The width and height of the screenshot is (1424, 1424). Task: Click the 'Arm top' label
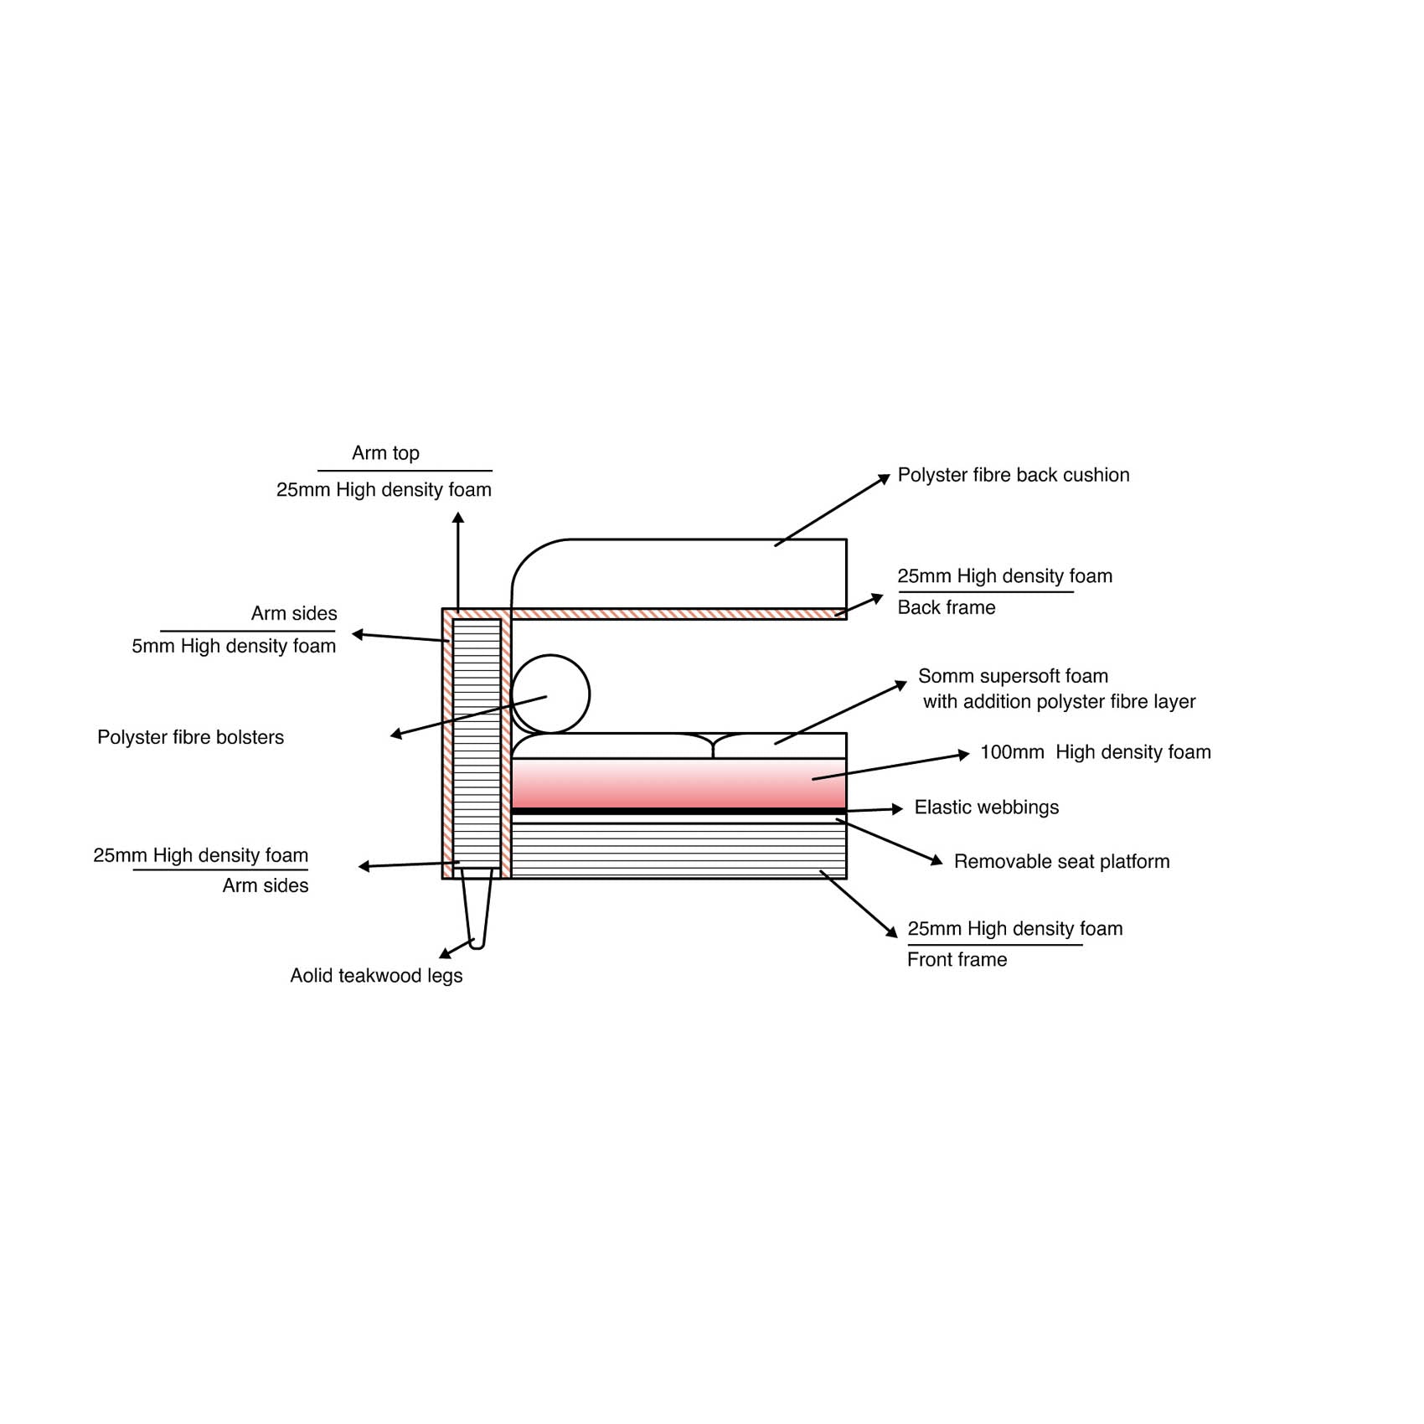pos(385,453)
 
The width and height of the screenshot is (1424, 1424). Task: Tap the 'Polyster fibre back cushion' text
pos(1014,475)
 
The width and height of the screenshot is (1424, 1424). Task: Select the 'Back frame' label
pos(947,607)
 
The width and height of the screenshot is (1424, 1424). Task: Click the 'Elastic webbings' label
pos(987,807)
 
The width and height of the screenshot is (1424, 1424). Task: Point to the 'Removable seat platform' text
pos(1061,861)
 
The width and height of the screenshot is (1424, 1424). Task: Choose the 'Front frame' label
pos(957,959)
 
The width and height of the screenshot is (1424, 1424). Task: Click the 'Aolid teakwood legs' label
pos(376,976)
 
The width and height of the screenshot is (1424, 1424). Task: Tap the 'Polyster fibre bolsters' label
pos(191,737)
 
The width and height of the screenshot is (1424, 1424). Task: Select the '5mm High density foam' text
pos(234,646)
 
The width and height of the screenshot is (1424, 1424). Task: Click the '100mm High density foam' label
pos(1096,752)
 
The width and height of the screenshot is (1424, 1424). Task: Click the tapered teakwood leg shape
pos(477,909)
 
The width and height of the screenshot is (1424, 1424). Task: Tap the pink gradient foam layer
pos(678,783)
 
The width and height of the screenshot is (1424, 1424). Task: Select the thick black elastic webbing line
pos(678,812)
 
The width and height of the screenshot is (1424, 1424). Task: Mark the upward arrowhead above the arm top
pos(458,519)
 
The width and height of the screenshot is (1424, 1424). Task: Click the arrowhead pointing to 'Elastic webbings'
pos(898,808)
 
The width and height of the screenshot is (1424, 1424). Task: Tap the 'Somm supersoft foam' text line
pos(1013,676)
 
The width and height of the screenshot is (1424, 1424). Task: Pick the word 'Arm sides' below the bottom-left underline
pos(266,885)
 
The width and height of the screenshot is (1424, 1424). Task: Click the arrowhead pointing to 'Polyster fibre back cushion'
pos(885,478)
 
